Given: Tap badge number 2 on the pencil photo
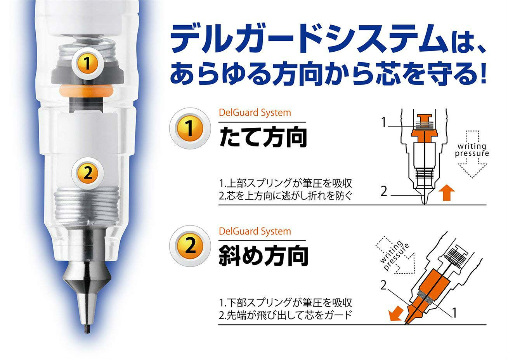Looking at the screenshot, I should pyautogui.click(x=88, y=173).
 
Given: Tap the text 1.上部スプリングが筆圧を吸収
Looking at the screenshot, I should pyautogui.click(x=285, y=183).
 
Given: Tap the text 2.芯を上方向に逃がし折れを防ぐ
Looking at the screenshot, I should pyautogui.click(x=285, y=195).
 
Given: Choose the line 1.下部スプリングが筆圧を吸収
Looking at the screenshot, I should pyautogui.click(x=285, y=302).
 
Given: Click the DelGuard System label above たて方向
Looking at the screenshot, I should pyautogui.click(x=255, y=113).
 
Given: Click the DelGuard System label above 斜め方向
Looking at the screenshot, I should pyautogui.click(x=255, y=231).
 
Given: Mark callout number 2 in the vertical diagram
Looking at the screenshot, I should pyautogui.click(x=384, y=191).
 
